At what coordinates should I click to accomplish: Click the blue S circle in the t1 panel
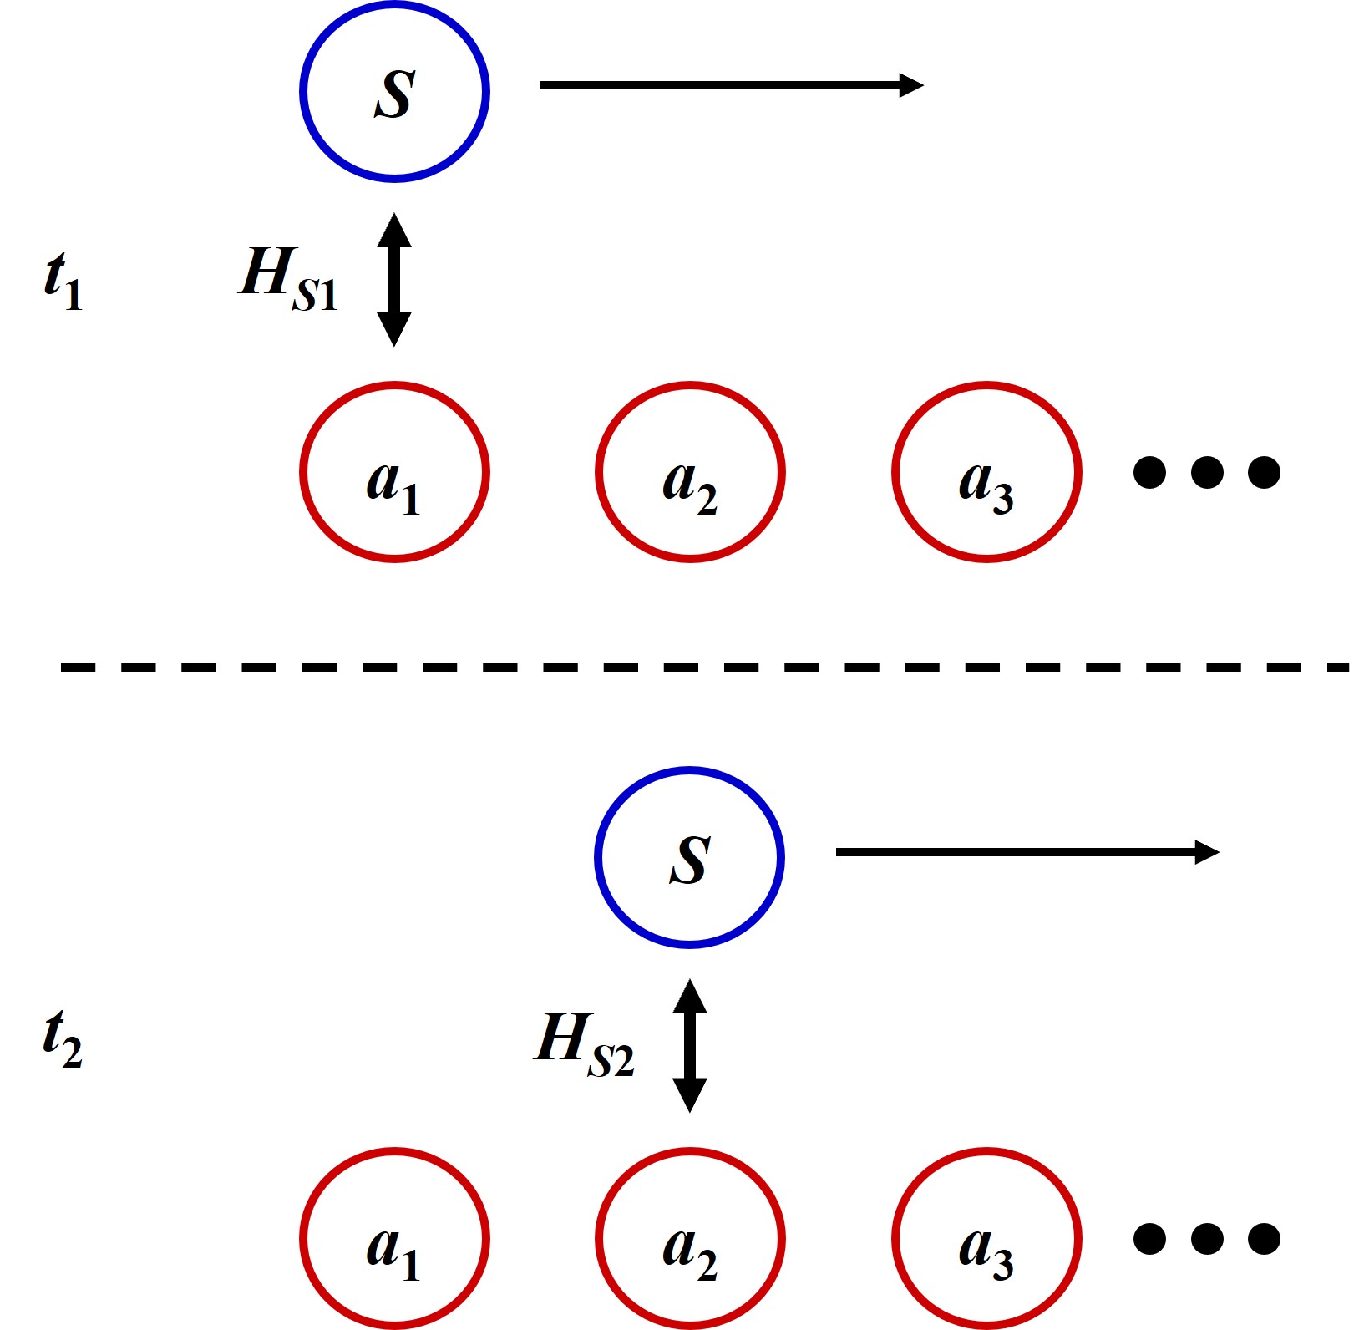click(x=394, y=91)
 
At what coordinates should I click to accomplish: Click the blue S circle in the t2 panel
click(x=689, y=857)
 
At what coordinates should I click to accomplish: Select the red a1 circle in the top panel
click(x=394, y=472)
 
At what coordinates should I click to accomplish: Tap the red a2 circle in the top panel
click(x=690, y=472)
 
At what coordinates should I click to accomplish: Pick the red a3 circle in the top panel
click(x=986, y=472)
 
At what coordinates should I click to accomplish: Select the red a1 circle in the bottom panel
click(x=394, y=1238)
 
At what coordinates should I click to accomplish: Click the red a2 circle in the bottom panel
click(x=690, y=1238)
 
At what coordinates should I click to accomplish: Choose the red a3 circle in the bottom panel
click(x=986, y=1238)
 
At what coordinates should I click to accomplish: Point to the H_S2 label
click(x=584, y=1044)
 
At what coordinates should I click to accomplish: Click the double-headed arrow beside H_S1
click(x=394, y=279)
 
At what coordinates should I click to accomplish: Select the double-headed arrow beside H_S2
click(x=690, y=1045)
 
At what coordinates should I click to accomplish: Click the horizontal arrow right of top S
click(x=731, y=85)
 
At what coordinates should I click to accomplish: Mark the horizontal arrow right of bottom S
click(x=1027, y=852)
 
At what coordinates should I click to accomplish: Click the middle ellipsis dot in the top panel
click(x=1207, y=472)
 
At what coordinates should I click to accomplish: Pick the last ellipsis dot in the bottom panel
click(x=1264, y=1238)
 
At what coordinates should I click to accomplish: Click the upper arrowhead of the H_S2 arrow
click(x=690, y=996)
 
